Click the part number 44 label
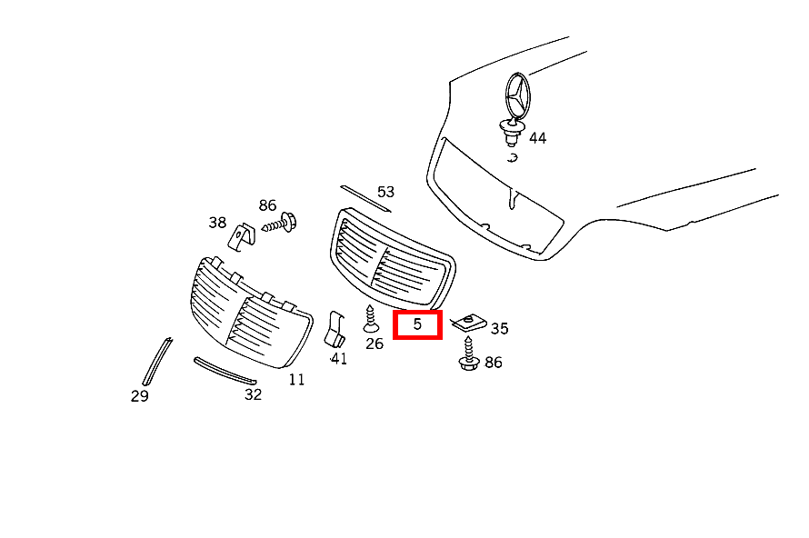point(537,138)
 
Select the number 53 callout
point(386,192)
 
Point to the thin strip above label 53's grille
point(365,199)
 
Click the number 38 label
point(217,223)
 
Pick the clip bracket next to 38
point(242,237)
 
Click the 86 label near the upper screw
point(267,205)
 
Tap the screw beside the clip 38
point(280,224)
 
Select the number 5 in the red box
point(417,324)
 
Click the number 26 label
point(375,344)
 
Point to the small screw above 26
point(371,319)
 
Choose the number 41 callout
point(338,358)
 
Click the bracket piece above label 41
point(335,329)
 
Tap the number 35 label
point(499,329)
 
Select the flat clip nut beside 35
point(468,324)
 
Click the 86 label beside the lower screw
point(494,363)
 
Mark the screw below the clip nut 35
point(468,354)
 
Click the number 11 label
point(296,380)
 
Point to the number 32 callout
point(253,394)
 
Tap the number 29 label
point(140,396)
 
